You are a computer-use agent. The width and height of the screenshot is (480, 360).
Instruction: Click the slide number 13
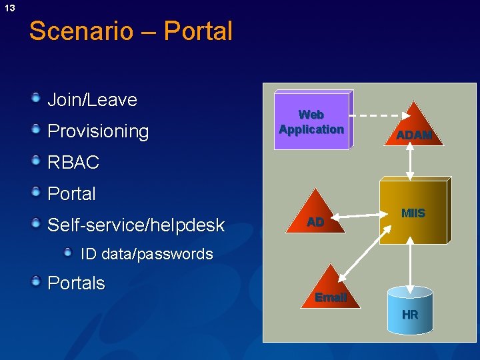(x=9, y=8)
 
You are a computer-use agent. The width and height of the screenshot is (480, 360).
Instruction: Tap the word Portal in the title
(x=198, y=31)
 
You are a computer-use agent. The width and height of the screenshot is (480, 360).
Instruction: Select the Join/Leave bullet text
(x=92, y=100)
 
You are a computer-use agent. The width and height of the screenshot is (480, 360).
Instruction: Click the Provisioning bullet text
(x=98, y=131)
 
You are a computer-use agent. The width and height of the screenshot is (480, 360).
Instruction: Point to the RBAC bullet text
(x=73, y=162)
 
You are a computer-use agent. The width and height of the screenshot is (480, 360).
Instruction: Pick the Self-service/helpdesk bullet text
(x=136, y=225)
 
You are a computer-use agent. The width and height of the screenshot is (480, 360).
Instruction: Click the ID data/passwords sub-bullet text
(x=147, y=254)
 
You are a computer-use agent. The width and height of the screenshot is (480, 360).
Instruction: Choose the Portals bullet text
(x=76, y=283)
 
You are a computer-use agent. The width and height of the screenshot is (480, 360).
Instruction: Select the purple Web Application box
(x=311, y=121)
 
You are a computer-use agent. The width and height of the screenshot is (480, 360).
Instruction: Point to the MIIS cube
(x=413, y=213)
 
